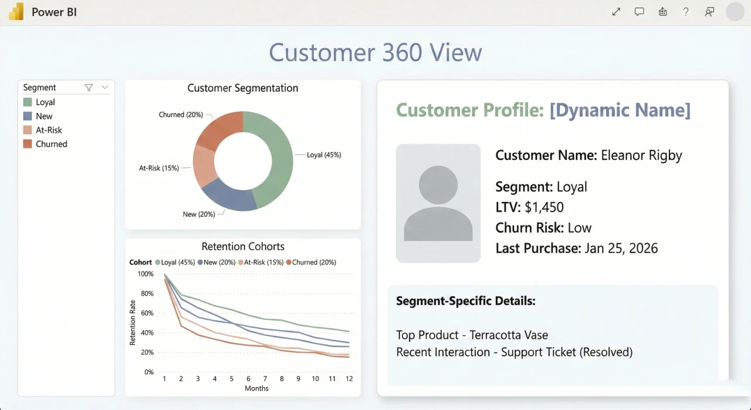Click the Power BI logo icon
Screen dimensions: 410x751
pos(16,12)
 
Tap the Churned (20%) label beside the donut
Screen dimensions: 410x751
pos(181,115)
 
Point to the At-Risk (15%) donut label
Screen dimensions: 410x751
pos(158,168)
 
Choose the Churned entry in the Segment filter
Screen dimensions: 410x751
pos(51,144)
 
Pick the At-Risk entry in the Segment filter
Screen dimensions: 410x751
pos(49,130)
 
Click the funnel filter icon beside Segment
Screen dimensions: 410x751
pos(89,88)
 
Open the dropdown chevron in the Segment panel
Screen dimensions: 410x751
pos(105,88)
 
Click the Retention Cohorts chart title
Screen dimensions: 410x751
pos(243,247)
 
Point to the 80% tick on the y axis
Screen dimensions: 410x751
pos(146,294)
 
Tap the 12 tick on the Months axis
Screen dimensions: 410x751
pos(349,379)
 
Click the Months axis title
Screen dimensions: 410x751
pos(256,388)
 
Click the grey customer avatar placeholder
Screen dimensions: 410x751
pos(438,203)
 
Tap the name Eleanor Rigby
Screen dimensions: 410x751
pos(641,156)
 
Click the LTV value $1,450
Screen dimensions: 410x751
pos(544,207)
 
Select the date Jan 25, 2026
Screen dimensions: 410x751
pos(621,248)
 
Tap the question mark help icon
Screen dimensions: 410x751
pos(686,12)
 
